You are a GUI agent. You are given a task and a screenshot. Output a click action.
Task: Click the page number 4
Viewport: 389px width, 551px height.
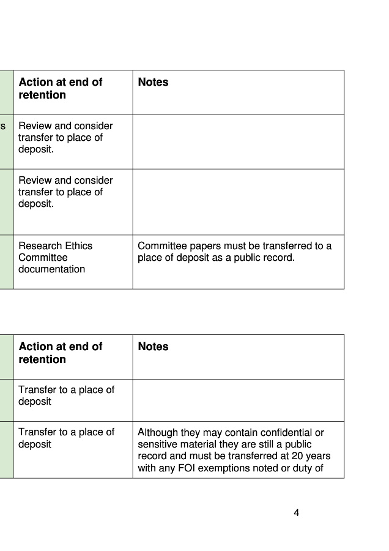coord(297,513)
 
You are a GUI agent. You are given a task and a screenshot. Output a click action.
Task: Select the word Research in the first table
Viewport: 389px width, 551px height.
coord(38,246)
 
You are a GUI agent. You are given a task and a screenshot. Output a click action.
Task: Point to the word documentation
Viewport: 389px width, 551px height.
coord(51,269)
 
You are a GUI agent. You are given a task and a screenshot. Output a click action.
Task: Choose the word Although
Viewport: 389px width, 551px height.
coord(158,432)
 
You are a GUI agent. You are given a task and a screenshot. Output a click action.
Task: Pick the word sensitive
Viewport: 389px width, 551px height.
coord(157,444)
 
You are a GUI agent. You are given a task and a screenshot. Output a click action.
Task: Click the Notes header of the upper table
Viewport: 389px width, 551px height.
coord(153,82)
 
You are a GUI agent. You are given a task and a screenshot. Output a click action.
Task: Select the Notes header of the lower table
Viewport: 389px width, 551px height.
coord(153,347)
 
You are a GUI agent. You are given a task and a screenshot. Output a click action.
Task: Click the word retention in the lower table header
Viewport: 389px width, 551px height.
coord(42,359)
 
